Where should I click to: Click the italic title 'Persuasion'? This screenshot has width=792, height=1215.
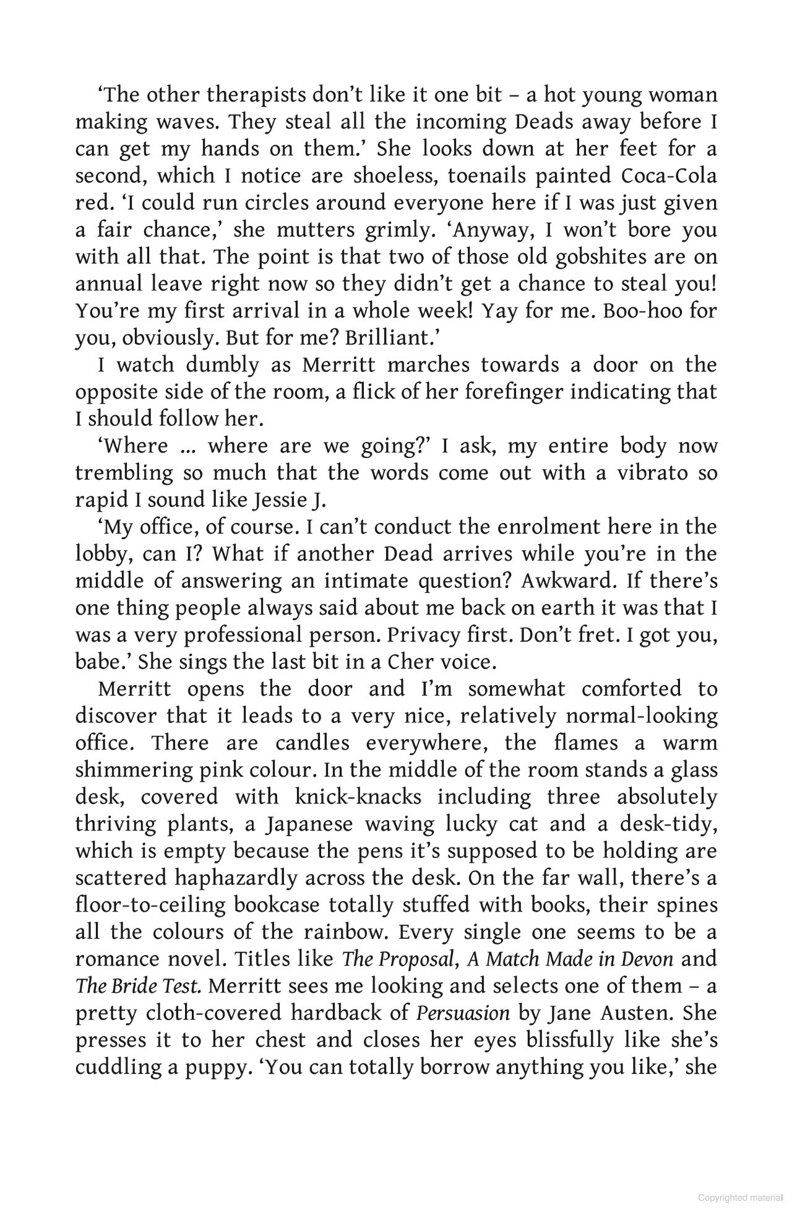click(463, 1013)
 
